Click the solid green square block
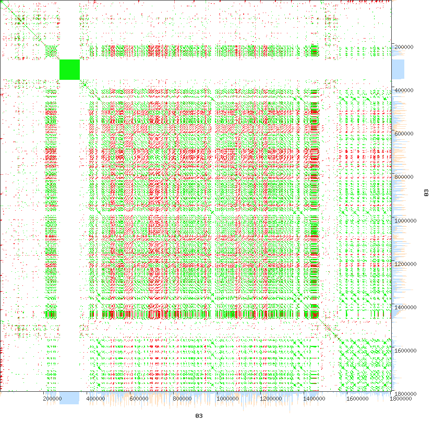[69, 69]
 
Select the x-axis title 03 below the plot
[199, 416]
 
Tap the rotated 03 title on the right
[426, 194]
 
